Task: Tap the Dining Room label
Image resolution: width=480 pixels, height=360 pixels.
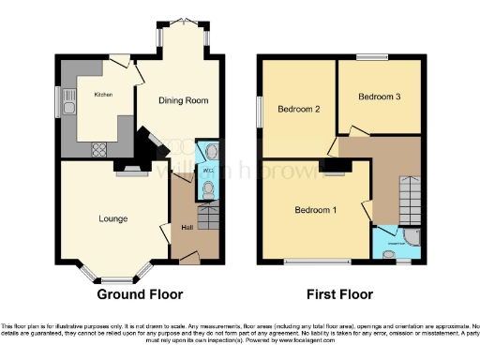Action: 182,100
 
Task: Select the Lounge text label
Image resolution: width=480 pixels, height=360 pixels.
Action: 113,218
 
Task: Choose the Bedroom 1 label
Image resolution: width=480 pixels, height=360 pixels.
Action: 315,209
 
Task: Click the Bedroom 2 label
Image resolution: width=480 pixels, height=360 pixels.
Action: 299,110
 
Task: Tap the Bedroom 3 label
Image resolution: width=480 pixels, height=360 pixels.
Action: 380,97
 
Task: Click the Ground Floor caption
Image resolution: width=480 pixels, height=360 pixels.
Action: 140,293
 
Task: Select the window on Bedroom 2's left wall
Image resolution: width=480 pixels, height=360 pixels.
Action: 261,111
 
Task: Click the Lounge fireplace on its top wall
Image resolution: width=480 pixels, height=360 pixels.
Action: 131,170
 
